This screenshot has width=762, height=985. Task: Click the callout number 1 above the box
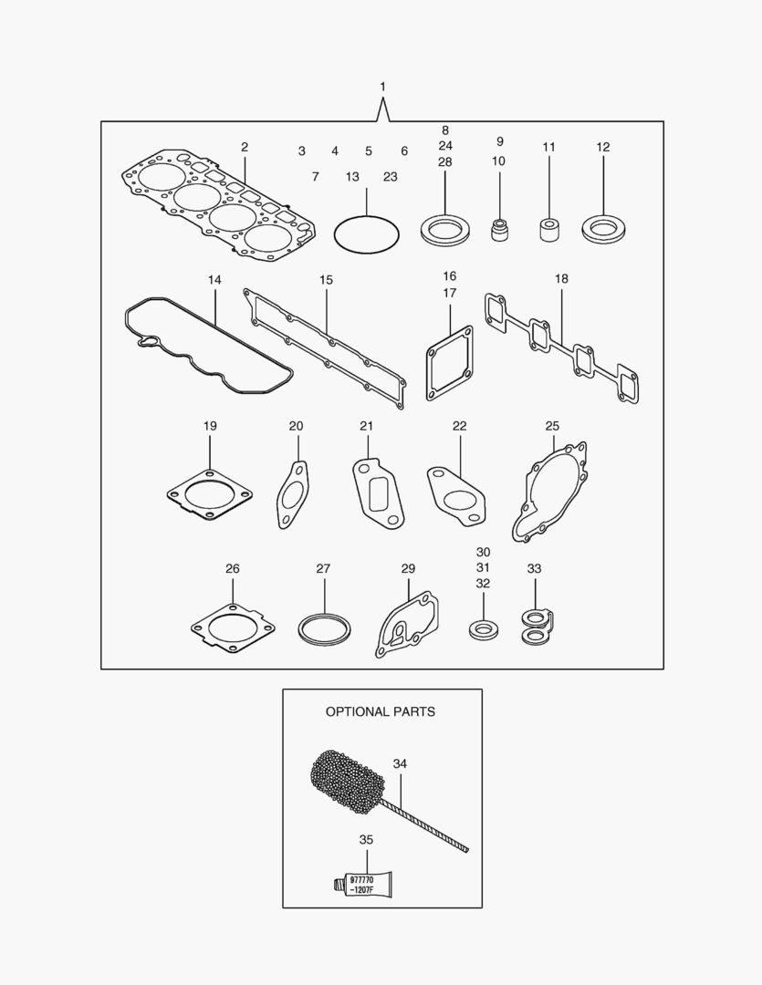click(383, 87)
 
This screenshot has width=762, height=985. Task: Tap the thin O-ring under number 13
click(367, 217)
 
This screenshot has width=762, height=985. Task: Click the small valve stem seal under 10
click(499, 229)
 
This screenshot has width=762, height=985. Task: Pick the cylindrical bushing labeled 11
click(549, 229)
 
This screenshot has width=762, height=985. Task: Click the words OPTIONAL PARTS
click(381, 711)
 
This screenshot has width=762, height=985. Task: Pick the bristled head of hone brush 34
click(347, 781)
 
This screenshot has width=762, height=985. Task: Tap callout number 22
click(460, 426)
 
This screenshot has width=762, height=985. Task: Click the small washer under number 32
click(484, 628)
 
